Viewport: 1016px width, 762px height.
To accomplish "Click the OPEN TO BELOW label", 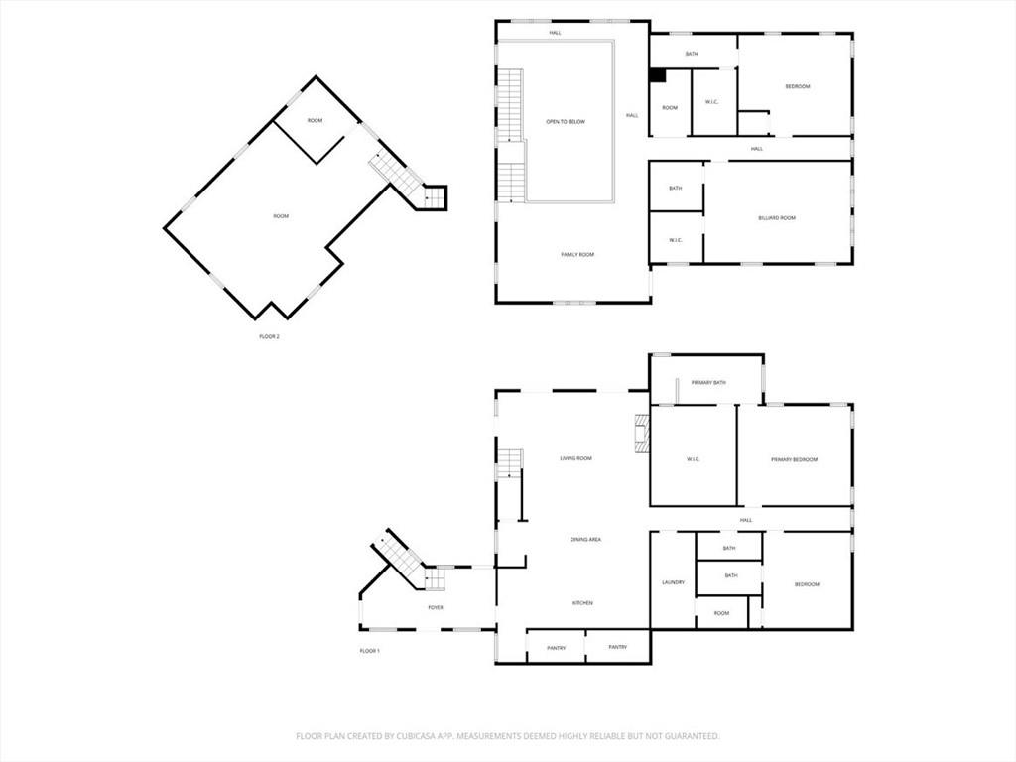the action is tap(566, 122).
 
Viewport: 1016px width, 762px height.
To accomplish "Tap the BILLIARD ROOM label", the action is tap(777, 218).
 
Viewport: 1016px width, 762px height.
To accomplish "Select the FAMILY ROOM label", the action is tap(577, 255).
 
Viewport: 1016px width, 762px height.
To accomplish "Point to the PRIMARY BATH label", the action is tap(708, 383).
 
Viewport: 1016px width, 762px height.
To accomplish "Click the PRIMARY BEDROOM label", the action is tap(795, 460).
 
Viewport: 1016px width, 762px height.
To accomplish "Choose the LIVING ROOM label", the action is tap(576, 458).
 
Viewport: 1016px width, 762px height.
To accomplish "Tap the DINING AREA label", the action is tap(585, 539).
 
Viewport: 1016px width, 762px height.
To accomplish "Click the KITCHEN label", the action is tap(582, 603).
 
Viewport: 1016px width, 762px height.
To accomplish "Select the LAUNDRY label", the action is tap(674, 582).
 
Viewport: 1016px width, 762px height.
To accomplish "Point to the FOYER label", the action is tap(436, 608).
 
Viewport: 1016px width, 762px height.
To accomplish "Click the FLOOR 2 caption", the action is tap(269, 337).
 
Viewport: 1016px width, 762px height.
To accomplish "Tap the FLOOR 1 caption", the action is tap(369, 651).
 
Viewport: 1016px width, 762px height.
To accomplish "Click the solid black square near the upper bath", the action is tap(658, 75).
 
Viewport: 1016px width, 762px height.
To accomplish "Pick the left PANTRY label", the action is tap(556, 648).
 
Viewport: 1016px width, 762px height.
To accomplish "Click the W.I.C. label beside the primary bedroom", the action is tap(693, 460).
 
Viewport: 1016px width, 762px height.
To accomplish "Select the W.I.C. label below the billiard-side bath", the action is tap(675, 240).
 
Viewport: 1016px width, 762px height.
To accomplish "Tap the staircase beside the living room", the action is tap(510, 463).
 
